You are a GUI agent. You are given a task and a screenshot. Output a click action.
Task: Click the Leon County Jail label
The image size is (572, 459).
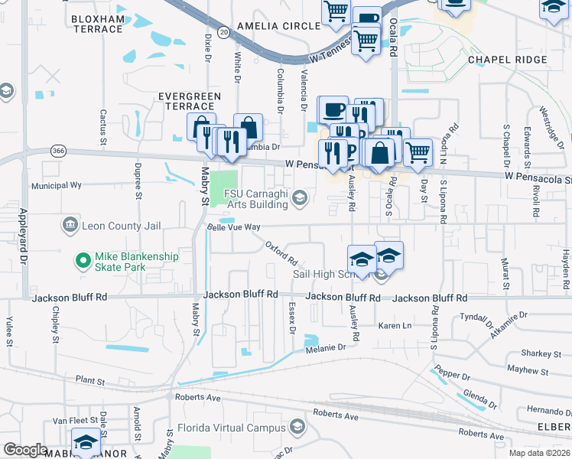pyautogui.click(x=111, y=226)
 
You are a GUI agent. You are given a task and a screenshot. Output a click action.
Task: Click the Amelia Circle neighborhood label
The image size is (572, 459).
pyautogui.click(x=278, y=25)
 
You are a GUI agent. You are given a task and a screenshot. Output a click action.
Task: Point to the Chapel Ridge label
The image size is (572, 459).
pyautogui.click(x=507, y=60)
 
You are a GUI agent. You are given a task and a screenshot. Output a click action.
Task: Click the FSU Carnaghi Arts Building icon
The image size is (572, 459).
pyautogui.click(x=300, y=198)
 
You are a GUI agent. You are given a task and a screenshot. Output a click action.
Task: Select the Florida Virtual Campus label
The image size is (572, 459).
pyautogui.click(x=231, y=428)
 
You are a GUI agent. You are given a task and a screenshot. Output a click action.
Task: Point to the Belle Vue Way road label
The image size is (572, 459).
pyautogui.click(x=235, y=227)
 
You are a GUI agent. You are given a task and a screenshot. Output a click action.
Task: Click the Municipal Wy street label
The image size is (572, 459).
pyautogui.click(x=56, y=185)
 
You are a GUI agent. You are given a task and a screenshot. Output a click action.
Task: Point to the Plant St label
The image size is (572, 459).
pyautogui.click(x=90, y=380)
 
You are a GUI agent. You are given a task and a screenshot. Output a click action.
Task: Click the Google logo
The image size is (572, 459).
pyautogui.click(x=26, y=449)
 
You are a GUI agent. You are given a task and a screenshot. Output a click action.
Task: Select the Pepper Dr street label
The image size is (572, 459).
pyautogui.click(x=450, y=375)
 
